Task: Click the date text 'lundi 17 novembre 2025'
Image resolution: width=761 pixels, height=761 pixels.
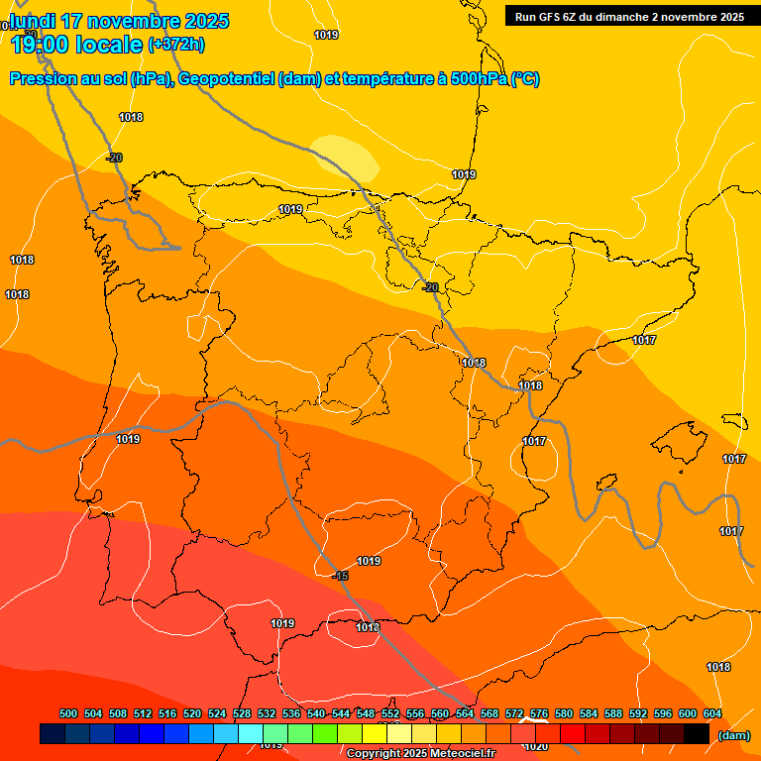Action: coord(119,21)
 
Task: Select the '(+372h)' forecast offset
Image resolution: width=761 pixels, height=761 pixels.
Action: coord(176,45)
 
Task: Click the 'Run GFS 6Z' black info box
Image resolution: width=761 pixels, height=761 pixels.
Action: coord(629,16)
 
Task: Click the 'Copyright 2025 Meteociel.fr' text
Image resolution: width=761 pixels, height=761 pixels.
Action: coord(420,754)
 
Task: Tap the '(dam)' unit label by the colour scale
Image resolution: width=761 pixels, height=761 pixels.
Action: coord(733,734)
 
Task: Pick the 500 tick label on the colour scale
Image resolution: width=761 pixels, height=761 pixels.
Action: coord(68,714)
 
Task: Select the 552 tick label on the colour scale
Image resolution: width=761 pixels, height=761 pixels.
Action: coord(390,714)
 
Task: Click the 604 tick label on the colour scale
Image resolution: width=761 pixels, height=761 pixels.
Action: coord(712,714)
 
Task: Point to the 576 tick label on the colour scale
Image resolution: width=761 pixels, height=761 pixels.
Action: coord(539,714)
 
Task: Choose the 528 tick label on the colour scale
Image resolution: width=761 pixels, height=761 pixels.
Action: coord(242,714)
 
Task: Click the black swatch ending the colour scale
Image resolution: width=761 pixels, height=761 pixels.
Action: coord(697,734)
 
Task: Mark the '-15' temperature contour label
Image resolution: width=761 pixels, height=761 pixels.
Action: coord(341,576)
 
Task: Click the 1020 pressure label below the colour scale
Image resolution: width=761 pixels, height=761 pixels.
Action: coord(536,746)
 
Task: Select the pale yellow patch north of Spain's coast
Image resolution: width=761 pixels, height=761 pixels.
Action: coord(344,158)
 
